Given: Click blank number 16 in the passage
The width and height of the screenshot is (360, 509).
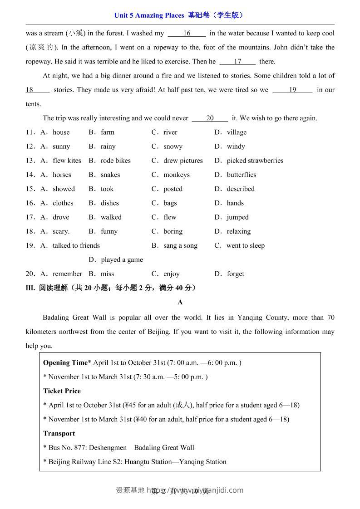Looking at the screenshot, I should point(187,33).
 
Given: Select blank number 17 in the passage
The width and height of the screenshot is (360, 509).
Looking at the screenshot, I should point(237,61).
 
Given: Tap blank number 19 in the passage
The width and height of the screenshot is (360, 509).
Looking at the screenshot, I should point(292,90).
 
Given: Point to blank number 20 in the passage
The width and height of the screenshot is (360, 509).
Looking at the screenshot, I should point(210,118).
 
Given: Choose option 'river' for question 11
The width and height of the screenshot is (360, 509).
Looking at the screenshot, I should point(170,132).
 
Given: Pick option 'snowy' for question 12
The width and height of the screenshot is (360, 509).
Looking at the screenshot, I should point(173,146).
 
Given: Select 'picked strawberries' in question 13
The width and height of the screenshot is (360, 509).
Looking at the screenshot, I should point(255,160).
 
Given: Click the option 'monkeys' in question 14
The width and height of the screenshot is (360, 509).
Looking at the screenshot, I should point(177,175).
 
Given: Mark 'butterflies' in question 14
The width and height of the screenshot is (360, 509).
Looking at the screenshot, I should point(242,175).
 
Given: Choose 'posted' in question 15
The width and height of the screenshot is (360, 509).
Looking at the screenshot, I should point(173,189).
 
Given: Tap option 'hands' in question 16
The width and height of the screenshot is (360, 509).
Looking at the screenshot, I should point(235,203).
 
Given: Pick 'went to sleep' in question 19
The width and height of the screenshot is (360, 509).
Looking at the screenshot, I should point(245,245).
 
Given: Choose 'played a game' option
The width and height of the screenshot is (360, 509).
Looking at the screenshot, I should point(122,259).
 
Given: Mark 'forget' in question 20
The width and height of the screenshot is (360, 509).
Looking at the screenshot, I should point(236,274).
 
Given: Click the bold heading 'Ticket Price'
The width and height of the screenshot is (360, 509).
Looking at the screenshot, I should point(62,391).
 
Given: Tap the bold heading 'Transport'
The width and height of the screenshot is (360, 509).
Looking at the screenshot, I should point(59,433).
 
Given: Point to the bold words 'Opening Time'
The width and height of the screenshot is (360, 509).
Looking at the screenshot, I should point(65,362).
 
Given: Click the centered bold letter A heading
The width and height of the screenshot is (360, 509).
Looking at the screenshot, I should point(180,302).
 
